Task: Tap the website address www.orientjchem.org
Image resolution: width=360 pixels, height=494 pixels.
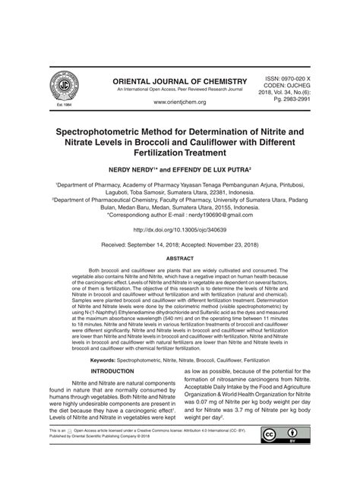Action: pos(180,101)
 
